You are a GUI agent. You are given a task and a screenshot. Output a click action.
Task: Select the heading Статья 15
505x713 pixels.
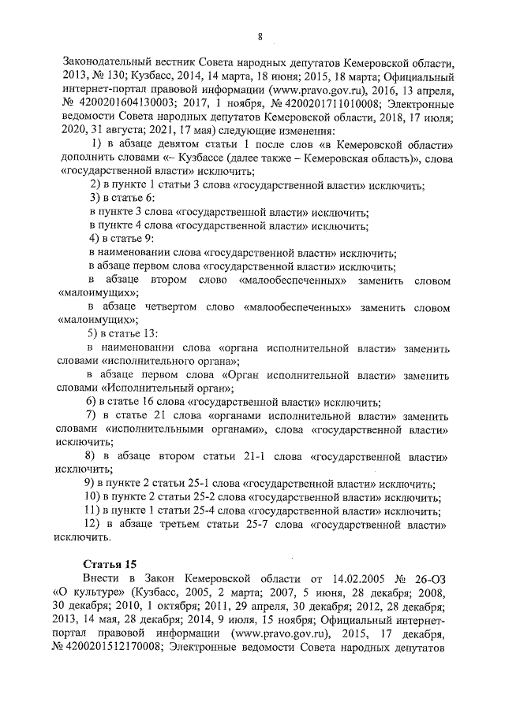pyautogui.click(x=110, y=563)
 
